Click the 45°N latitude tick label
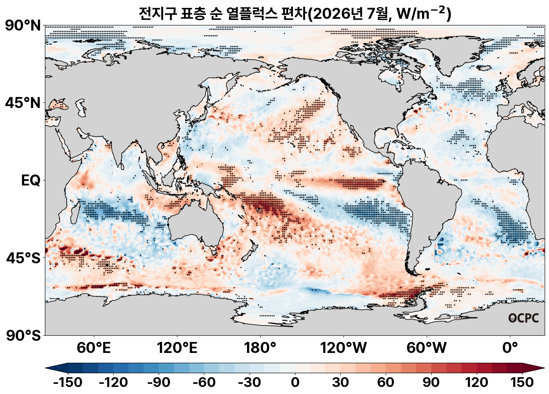pyautogui.click(x=23, y=103)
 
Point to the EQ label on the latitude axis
pyautogui.click(x=30, y=180)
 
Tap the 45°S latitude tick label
pyautogui.click(x=23, y=258)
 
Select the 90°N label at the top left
pyautogui.click(x=23, y=25)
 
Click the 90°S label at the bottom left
pyautogui.click(x=23, y=336)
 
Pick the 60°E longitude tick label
pyautogui.click(x=94, y=348)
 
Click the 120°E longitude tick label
pyautogui.click(x=177, y=348)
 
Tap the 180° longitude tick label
pyautogui.click(x=260, y=348)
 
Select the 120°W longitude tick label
pyautogui.click(x=343, y=348)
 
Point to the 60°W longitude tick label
pyautogui.click(x=427, y=348)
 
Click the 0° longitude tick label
pyautogui.click(x=510, y=348)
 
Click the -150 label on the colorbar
pyautogui.click(x=68, y=382)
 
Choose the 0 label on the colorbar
pyautogui.click(x=295, y=382)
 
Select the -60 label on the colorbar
pyautogui.click(x=204, y=382)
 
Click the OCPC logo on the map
pyautogui.click(x=524, y=318)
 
